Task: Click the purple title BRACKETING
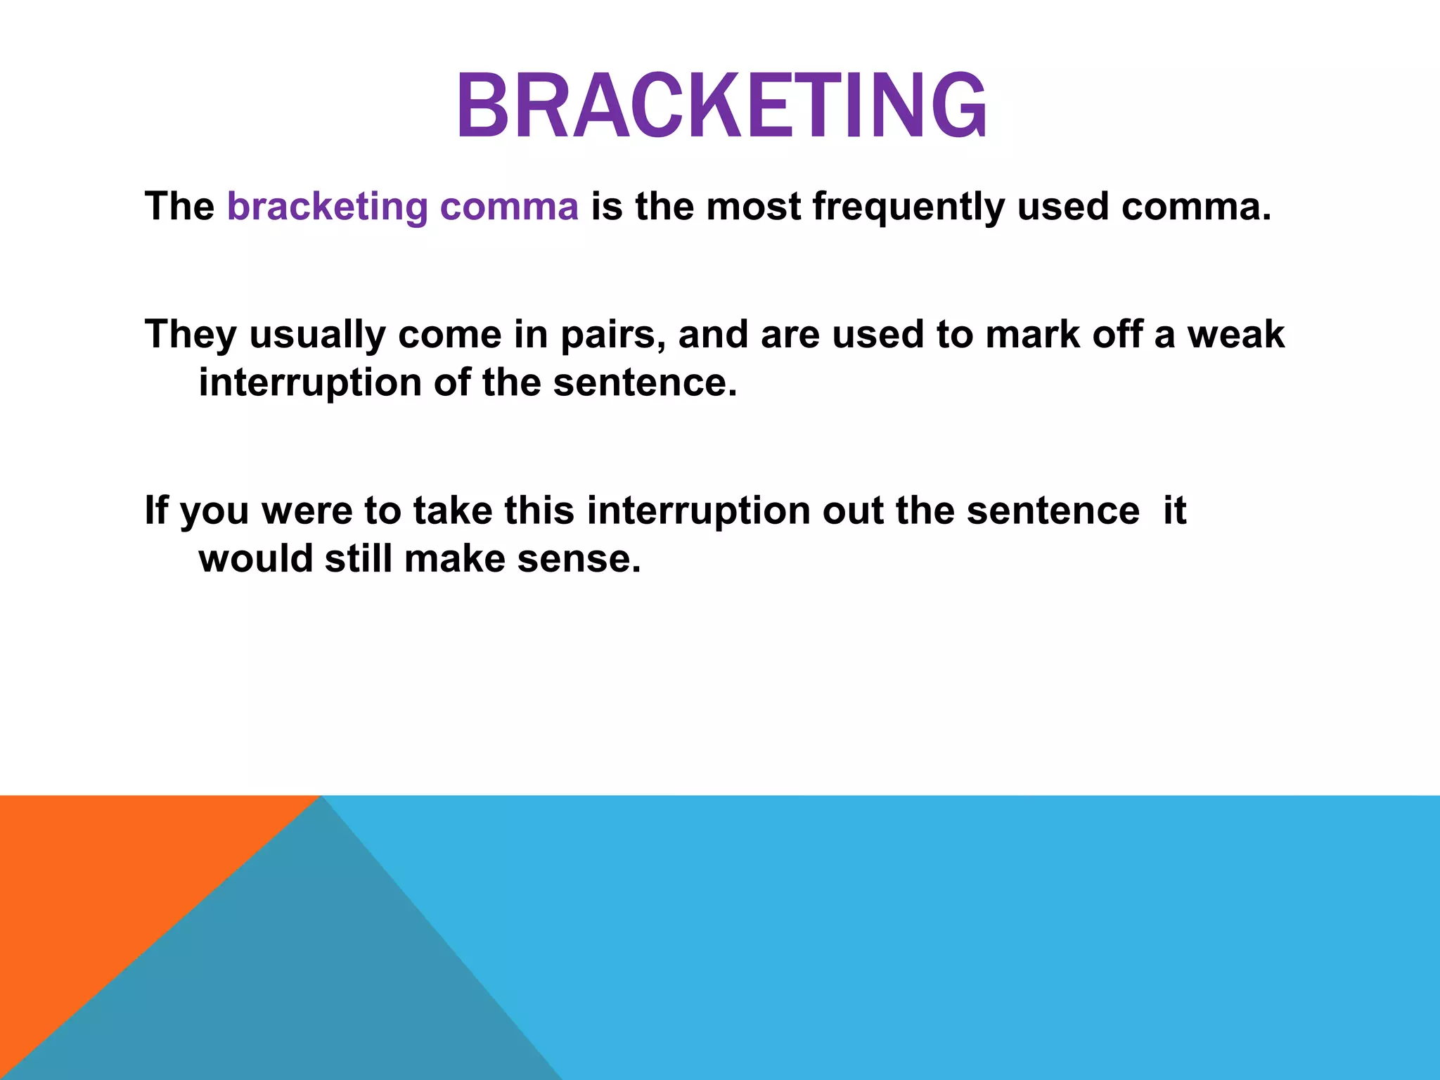point(721,107)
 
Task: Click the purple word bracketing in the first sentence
point(327,207)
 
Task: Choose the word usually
point(317,335)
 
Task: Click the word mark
point(1032,334)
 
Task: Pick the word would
point(255,559)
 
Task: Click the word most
point(753,207)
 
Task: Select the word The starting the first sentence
point(179,207)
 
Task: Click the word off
point(1117,334)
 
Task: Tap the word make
point(455,559)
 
